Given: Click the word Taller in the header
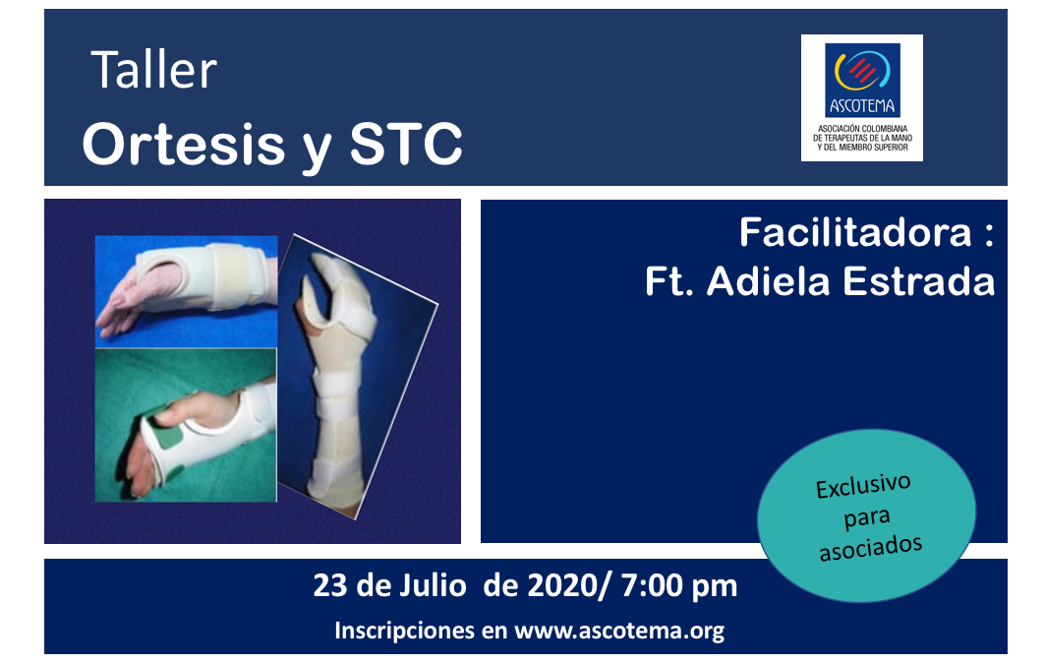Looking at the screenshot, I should point(154,71).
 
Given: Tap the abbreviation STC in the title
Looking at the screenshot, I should point(406,144).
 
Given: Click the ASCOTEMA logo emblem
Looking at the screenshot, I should point(861,72).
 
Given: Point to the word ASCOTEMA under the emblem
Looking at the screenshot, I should point(861,107).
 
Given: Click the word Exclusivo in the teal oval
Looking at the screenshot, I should point(864,489).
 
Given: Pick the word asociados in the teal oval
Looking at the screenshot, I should point(871,544).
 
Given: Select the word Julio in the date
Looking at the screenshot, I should point(429,587).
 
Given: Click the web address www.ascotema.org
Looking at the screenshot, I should point(619,631).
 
